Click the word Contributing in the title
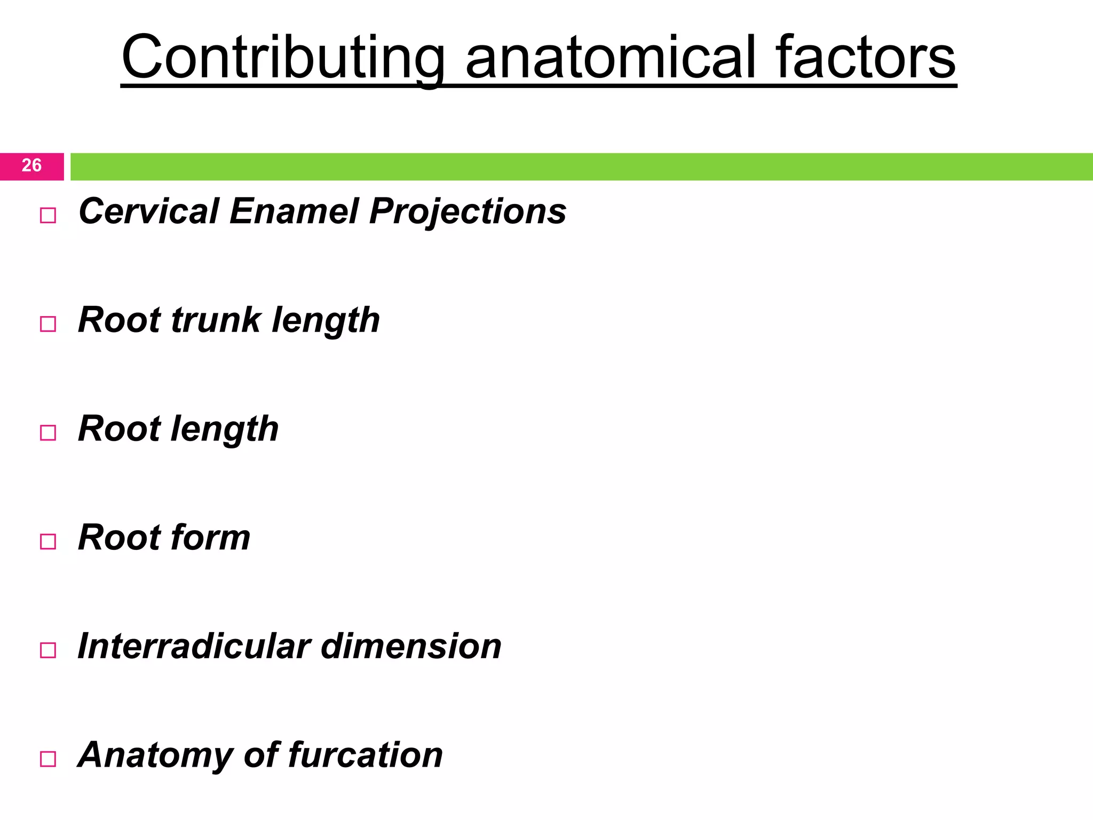(283, 58)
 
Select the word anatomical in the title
(611, 58)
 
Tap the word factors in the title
(865, 58)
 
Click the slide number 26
(31, 165)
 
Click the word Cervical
(149, 211)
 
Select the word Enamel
(294, 211)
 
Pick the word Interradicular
(194, 646)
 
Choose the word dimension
(411, 646)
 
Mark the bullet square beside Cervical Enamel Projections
(48, 216)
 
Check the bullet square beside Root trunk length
(48, 324)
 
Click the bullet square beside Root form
(48, 541)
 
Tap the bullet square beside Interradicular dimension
(48, 650)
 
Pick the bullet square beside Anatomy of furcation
(48, 759)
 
